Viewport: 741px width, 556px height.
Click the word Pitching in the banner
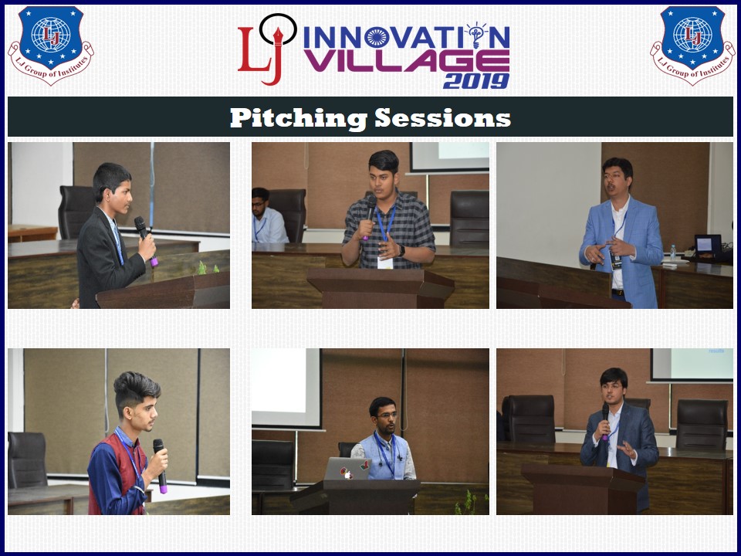click(x=298, y=118)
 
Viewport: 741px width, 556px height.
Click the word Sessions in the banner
click(x=442, y=117)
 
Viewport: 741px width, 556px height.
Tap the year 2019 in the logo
click(x=476, y=81)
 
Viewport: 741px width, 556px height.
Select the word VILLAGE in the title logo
click(x=407, y=60)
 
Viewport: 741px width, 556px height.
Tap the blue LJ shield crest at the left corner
click(x=51, y=46)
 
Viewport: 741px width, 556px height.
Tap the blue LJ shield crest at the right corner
click(x=693, y=46)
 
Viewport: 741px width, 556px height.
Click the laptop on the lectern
click(x=347, y=469)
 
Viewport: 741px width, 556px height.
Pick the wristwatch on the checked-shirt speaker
click(x=401, y=250)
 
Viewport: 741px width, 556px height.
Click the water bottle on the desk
click(x=673, y=253)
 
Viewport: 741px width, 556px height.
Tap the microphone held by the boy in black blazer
click(x=146, y=240)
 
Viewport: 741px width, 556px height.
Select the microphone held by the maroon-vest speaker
click(x=161, y=465)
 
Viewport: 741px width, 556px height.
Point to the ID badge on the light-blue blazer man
click(x=616, y=260)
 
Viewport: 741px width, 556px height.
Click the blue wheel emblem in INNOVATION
click(x=377, y=37)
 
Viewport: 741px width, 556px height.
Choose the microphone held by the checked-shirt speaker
click(x=369, y=216)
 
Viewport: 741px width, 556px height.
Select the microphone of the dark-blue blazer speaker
click(x=605, y=421)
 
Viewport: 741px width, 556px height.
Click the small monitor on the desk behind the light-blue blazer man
click(x=708, y=246)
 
